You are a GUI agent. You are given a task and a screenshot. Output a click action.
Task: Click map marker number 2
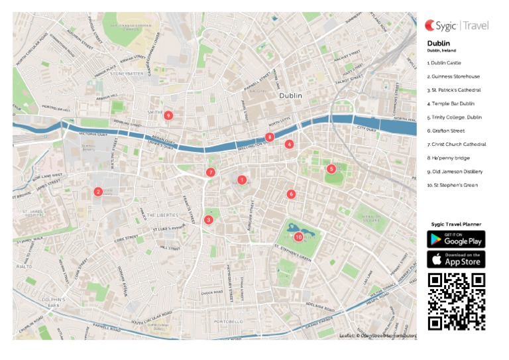tap(97, 192)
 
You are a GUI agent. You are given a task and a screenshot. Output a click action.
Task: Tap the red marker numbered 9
tap(168, 115)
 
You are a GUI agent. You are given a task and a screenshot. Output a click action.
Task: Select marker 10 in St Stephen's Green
tap(298, 236)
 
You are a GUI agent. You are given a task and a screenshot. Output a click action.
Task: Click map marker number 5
tap(331, 169)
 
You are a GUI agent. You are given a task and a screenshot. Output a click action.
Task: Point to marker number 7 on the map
tap(210, 172)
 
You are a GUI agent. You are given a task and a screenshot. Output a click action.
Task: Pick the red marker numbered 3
tap(208, 220)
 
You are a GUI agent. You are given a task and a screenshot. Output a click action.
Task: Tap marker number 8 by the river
tap(269, 137)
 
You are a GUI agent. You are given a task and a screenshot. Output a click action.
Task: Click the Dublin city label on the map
tap(290, 96)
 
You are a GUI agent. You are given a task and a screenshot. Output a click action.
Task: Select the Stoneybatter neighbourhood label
tap(126, 74)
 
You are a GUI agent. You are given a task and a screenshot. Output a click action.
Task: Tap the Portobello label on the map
tap(230, 321)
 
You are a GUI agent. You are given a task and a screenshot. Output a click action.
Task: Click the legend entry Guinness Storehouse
tap(453, 76)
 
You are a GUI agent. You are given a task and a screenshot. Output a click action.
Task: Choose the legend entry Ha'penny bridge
tap(449, 158)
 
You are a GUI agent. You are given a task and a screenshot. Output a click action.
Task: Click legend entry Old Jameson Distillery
tap(454, 172)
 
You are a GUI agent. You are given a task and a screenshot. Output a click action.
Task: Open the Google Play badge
tap(456, 239)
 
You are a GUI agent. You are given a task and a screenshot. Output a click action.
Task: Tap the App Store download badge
tap(456, 259)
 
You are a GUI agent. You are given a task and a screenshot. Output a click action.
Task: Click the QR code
tap(456, 301)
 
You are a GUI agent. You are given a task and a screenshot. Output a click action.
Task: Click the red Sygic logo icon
tap(430, 26)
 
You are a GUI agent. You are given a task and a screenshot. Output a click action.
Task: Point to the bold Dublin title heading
tap(438, 43)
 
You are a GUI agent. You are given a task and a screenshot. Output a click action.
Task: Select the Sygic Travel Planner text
tap(456, 224)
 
